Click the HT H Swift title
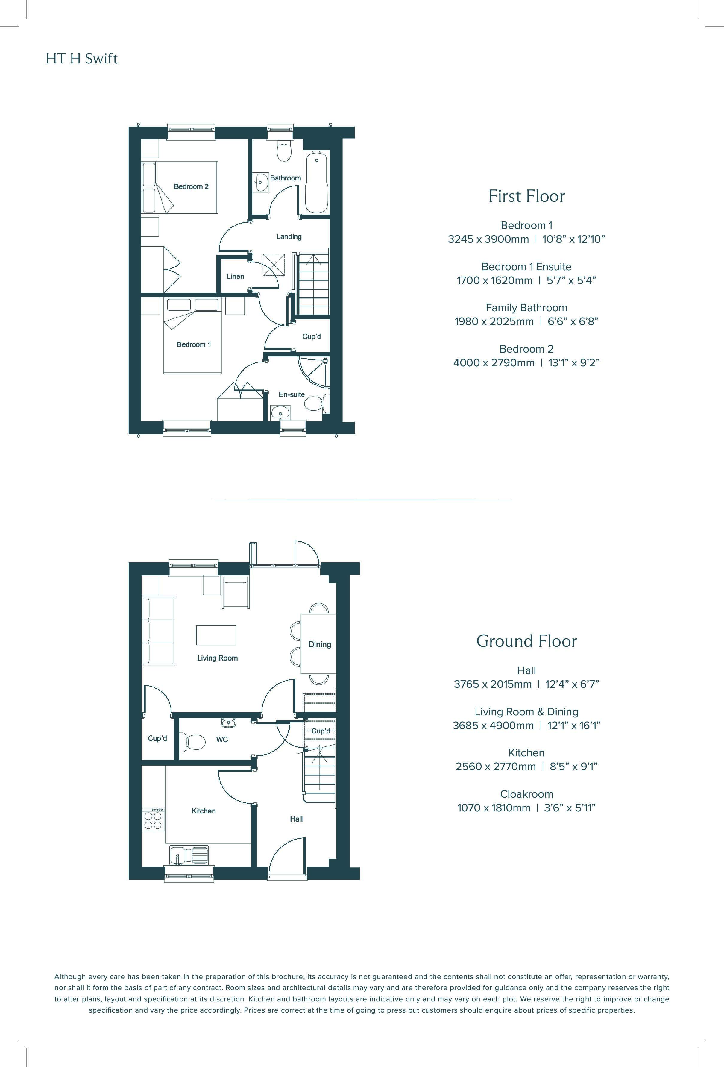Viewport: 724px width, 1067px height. click(x=82, y=59)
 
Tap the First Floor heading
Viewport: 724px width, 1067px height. click(x=526, y=196)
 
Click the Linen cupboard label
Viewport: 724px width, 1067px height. click(x=235, y=276)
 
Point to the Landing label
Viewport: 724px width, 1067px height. click(x=289, y=236)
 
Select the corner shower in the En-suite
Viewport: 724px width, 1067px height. click(x=315, y=372)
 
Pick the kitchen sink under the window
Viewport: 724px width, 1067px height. click(x=189, y=855)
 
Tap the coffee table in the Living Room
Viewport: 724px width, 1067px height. click(x=216, y=635)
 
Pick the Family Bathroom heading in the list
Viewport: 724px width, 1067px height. click(x=526, y=308)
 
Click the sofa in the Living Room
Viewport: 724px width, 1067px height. click(x=158, y=631)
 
